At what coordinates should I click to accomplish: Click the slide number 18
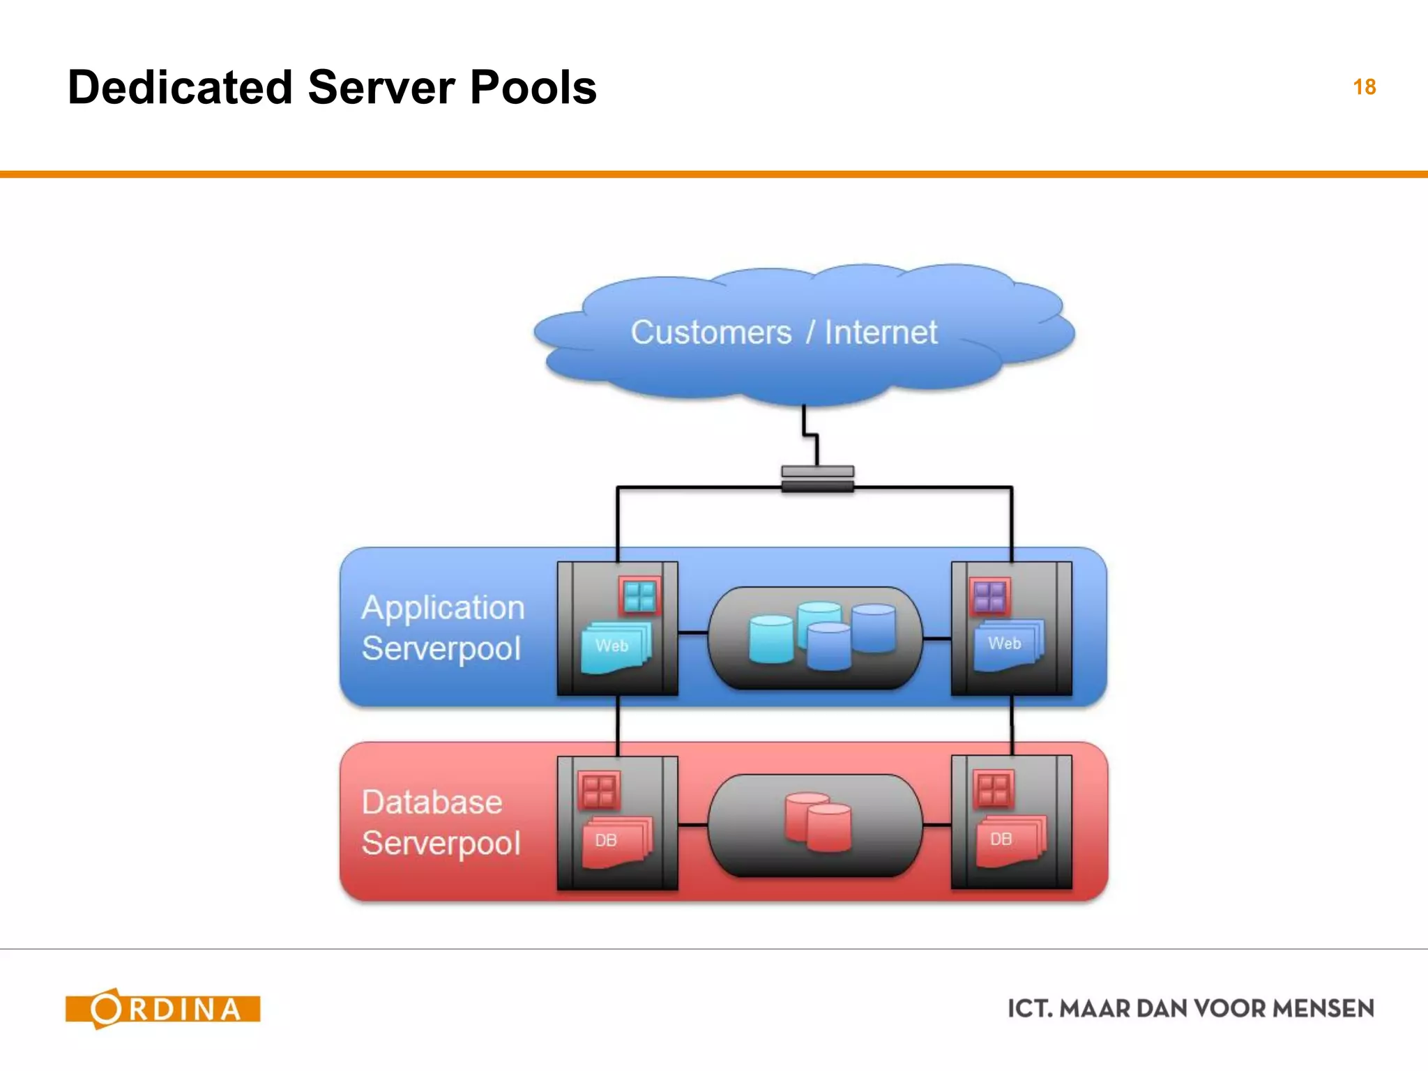[1364, 87]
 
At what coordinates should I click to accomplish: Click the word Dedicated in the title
[180, 88]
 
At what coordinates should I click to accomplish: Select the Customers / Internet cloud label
[784, 333]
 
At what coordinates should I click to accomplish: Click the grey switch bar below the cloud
[817, 479]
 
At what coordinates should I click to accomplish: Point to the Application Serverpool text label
[442, 628]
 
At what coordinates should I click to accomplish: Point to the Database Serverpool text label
[441, 823]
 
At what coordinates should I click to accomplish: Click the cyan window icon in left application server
[639, 597]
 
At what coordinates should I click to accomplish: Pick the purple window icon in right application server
[989, 597]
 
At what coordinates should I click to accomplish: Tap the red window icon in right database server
[993, 789]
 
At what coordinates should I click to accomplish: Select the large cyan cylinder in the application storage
[770, 639]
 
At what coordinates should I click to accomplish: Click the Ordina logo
[163, 1009]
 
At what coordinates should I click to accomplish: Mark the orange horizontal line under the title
[714, 174]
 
